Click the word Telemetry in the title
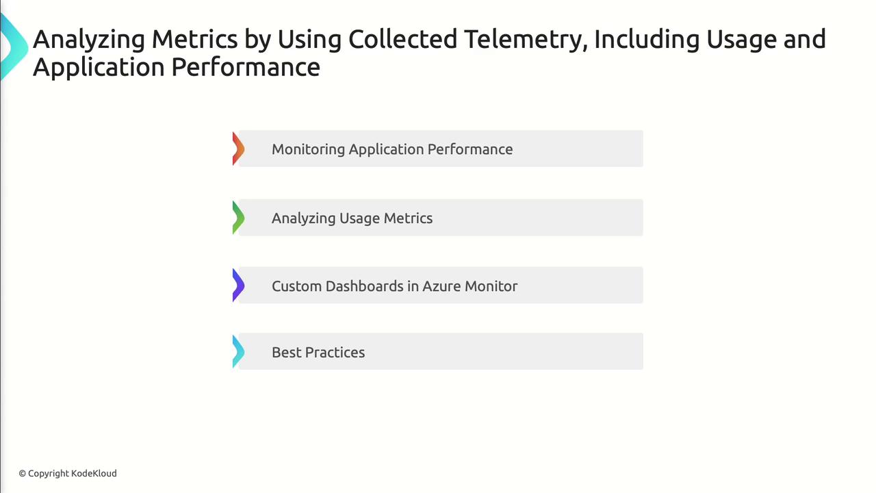[x=526, y=40]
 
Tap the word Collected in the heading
[x=403, y=39]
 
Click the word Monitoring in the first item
[x=308, y=150]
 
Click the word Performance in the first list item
[x=470, y=149]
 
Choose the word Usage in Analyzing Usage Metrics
[x=359, y=218]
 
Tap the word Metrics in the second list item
[x=409, y=218]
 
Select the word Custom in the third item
[x=296, y=286]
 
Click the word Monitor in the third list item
[x=491, y=286]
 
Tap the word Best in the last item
[x=286, y=353]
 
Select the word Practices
[x=335, y=353]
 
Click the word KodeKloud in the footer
[x=94, y=473]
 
